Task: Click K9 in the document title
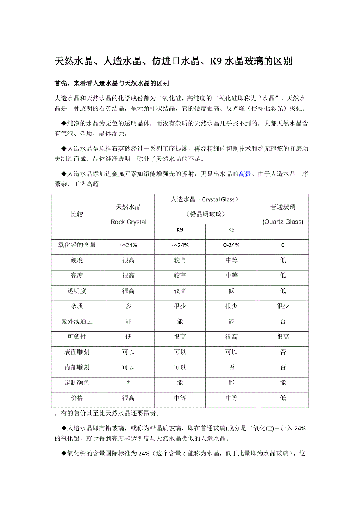(216, 61)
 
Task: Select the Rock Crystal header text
(128, 222)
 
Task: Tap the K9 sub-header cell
(180, 230)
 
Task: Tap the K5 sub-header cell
(231, 230)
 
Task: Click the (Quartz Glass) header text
(283, 222)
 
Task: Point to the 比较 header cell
(77, 215)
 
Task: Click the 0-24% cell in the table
(231, 245)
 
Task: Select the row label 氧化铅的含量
(77, 245)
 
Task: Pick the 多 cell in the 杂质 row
(128, 306)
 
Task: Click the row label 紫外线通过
(77, 321)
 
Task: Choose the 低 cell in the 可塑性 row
(128, 337)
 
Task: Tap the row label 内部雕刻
(77, 367)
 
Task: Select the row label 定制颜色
(77, 383)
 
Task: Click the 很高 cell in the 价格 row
(128, 398)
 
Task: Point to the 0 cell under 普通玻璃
(283, 245)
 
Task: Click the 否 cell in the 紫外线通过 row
(283, 321)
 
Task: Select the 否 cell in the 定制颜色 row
(128, 383)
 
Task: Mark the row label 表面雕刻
(77, 352)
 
